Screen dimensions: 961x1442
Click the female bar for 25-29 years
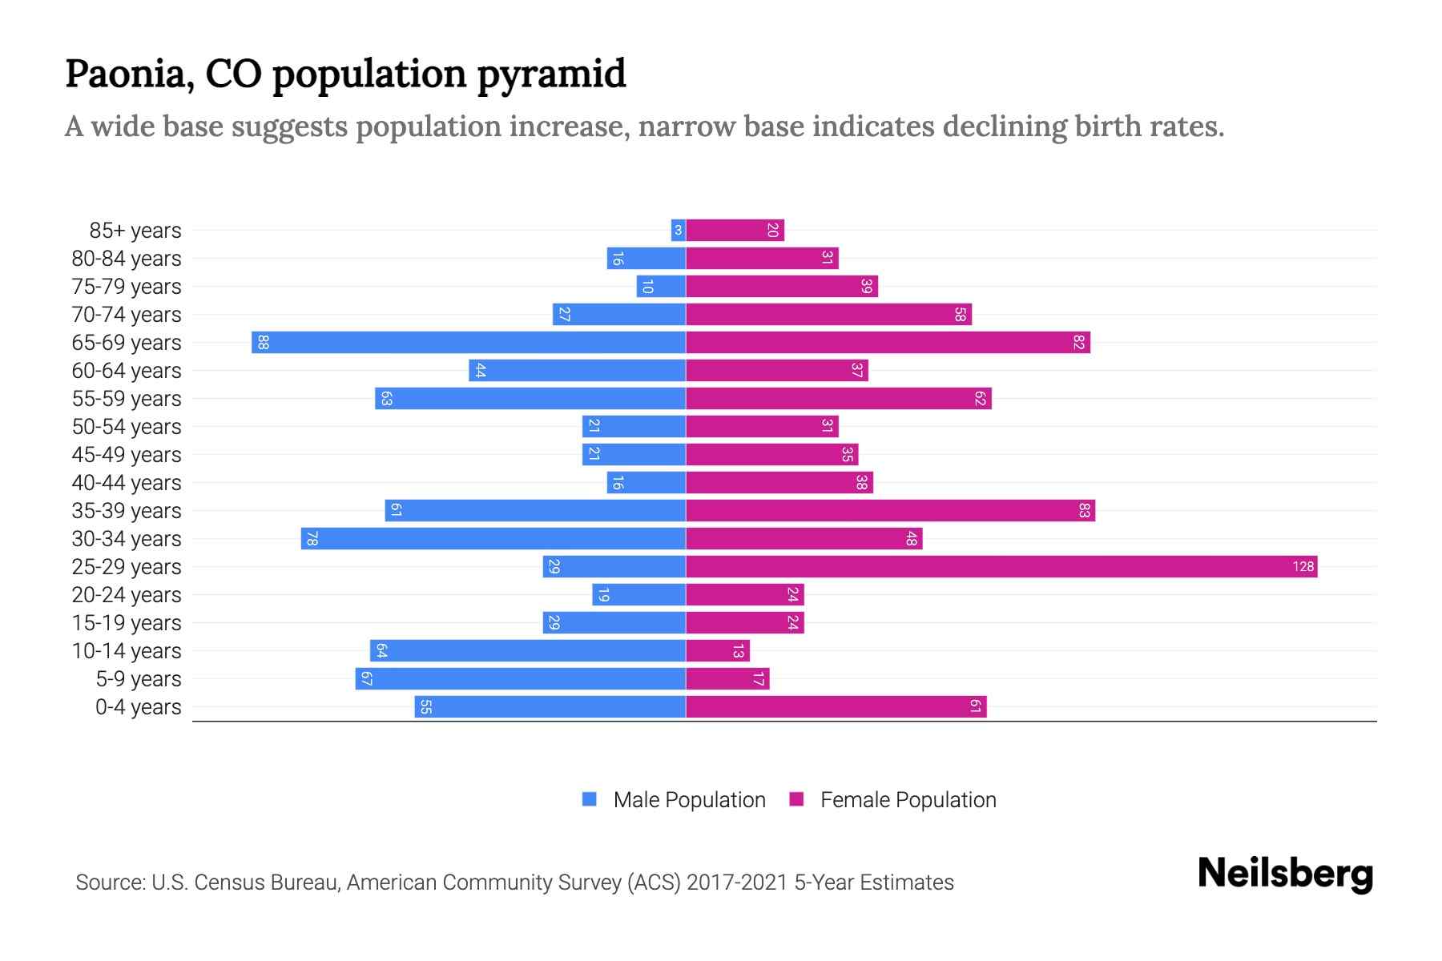click(1001, 567)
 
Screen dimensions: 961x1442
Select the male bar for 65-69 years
click(469, 343)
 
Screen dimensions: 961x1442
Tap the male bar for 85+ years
click(679, 231)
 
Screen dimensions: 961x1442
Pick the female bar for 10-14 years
click(718, 651)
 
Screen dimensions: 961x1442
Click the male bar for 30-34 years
click(493, 539)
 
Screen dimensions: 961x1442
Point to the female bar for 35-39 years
click(890, 511)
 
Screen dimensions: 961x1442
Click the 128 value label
click(1303, 567)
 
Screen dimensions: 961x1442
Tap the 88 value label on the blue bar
click(263, 343)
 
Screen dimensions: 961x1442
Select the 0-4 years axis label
click(138, 707)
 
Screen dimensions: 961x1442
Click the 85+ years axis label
click(135, 231)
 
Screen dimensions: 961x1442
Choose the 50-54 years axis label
click(127, 427)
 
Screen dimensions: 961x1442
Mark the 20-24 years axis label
click(127, 595)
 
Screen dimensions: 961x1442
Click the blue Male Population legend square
click(590, 799)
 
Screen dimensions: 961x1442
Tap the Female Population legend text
click(908, 800)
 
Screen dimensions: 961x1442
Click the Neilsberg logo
click(1285, 874)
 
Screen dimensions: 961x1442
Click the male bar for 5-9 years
click(521, 679)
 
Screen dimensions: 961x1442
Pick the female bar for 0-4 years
click(836, 707)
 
